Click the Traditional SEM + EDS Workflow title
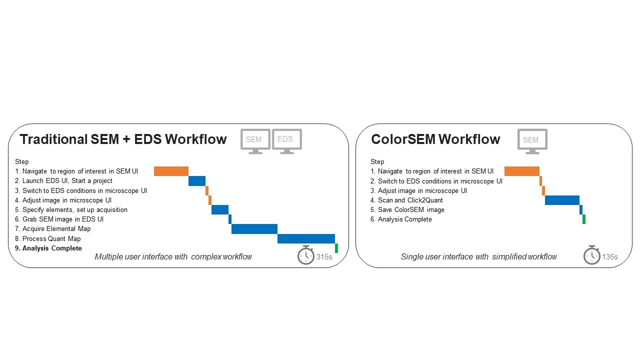tap(123, 139)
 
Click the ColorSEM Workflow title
tap(435, 139)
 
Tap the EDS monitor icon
tap(286, 140)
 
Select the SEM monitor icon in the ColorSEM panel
tap(532, 140)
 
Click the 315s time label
tap(324, 257)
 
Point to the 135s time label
tap(610, 257)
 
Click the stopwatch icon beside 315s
tap(305, 255)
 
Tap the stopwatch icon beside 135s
tap(591, 255)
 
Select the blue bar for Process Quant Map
tap(306, 238)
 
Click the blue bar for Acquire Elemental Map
tap(254, 229)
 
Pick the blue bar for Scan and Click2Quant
tap(562, 200)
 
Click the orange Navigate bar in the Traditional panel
tap(171, 171)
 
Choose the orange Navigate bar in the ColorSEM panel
tap(522, 171)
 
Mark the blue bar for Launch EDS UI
tap(197, 181)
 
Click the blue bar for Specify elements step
tap(220, 209)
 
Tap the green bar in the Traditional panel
tap(336, 248)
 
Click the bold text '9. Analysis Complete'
tap(52, 248)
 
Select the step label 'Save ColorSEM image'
tap(411, 210)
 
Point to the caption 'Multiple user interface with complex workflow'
tap(173, 257)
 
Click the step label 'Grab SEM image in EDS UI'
tap(62, 219)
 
